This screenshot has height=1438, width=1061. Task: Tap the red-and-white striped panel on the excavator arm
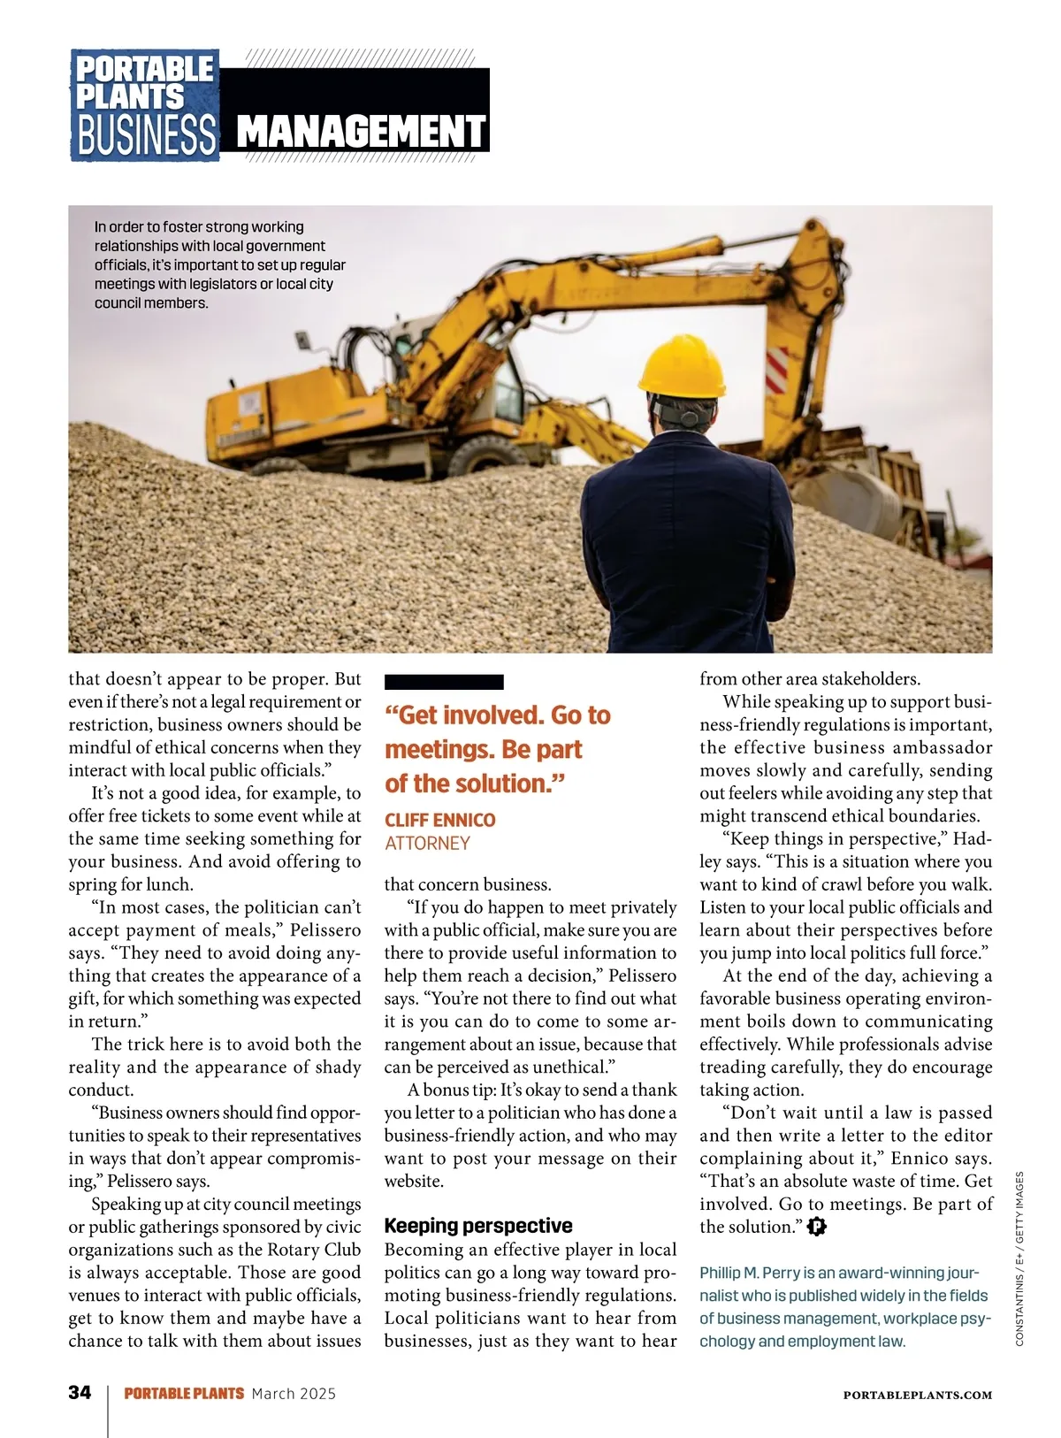coord(776,370)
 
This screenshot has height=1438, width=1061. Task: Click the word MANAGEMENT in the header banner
coord(362,132)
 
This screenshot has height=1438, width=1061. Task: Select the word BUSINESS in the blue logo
coord(146,135)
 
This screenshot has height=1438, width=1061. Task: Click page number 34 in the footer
coord(80,1392)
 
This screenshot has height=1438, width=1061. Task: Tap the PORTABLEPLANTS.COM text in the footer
coord(917,1395)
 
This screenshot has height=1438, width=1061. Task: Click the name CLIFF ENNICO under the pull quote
coord(439,820)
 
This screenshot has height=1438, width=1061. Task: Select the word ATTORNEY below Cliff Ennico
coord(427,843)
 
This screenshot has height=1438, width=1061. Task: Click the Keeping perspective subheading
coord(478,1226)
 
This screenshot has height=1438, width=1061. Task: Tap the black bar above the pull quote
coord(444,682)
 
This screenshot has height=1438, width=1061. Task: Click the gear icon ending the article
coord(817,1227)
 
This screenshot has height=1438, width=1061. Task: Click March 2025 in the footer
coord(294,1393)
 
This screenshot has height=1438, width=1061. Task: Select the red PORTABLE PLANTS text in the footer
coord(184,1393)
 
